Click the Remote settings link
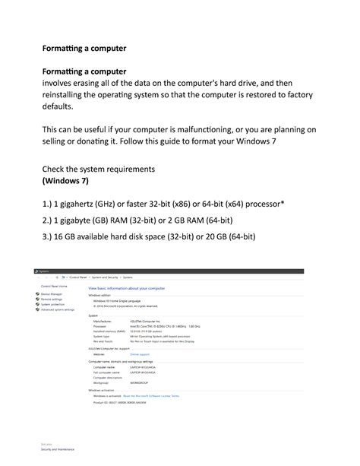52,300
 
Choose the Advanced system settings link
58,310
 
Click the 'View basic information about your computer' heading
125,289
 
